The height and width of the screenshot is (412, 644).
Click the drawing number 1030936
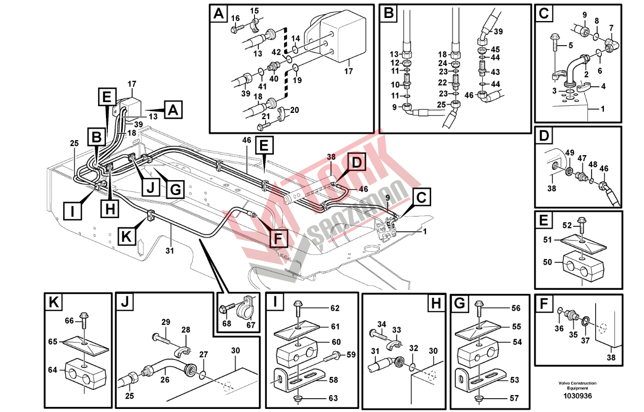(578, 396)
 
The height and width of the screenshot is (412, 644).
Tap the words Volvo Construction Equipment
(577, 385)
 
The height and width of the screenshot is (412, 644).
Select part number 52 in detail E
(567, 226)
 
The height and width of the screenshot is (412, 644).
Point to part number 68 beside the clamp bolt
(227, 324)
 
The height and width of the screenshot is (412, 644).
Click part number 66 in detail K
(69, 321)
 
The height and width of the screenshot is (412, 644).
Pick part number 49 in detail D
(569, 152)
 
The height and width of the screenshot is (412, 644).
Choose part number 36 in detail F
(559, 328)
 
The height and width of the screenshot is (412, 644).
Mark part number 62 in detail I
(335, 308)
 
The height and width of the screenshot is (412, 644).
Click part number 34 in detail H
(382, 324)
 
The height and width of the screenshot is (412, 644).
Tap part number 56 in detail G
(516, 308)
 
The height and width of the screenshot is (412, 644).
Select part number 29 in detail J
(165, 322)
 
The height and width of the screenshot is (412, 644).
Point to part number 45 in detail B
(495, 49)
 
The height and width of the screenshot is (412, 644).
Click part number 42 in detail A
(277, 52)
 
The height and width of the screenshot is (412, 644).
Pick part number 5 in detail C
(571, 45)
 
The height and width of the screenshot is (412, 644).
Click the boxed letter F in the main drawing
(279, 237)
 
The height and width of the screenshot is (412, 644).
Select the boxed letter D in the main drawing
(357, 162)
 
